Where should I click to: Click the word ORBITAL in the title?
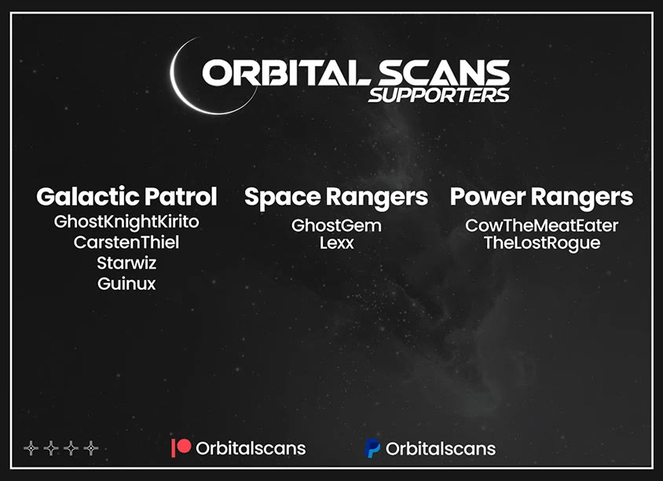tap(287, 72)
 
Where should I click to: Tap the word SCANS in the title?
tap(444, 72)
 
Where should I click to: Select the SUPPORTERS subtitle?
tap(439, 95)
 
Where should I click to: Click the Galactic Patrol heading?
tap(126, 196)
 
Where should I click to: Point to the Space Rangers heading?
tap(336, 197)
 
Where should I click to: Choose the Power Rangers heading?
tap(542, 197)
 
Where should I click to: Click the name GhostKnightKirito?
tap(126, 222)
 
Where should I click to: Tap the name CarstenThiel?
tap(126, 242)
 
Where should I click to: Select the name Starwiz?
tap(126, 263)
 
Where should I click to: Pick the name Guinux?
tap(126, 284)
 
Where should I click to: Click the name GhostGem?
tap(336, 225)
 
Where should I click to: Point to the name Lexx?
tap(336, 243)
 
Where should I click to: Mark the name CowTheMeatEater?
tap(542, 225)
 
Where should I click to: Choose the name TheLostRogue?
tap(542, 244)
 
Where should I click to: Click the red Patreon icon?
tap(181, 447)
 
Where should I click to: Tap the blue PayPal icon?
tap(372, 448)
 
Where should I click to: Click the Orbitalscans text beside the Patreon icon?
tap(251, 449)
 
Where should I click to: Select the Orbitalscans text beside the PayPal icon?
tap(441, 449)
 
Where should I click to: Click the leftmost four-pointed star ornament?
tap(31, 448)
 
